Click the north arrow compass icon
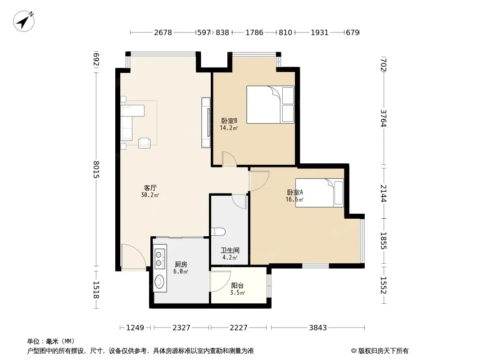(23, 21)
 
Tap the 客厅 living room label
(150, 188)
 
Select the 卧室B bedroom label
(229, 121)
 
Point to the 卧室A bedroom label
(295, 193)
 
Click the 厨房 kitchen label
(181, 264)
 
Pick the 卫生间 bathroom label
(230, 251)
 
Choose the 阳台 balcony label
(237, 286)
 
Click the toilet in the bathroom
(218, 232)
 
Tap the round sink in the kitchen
(159, 281)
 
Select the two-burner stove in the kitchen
(159, 259)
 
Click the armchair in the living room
(144, 143)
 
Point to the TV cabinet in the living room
(206, 122)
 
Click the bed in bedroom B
(270, 104)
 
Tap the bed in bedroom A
(319, 193)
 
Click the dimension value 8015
(96, 170)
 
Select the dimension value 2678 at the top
(163, 32)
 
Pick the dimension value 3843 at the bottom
(318, 328)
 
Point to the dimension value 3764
(384, 118)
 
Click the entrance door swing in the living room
(133, 257)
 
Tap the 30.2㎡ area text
(150, 195)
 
